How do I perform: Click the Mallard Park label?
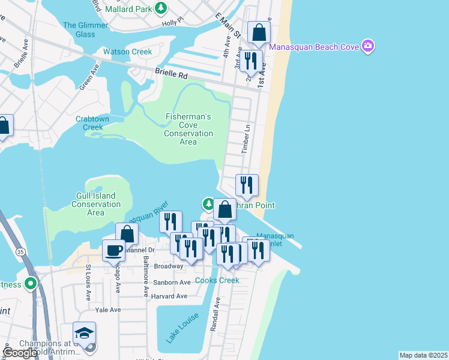(128, 9)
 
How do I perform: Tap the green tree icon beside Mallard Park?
(160, 8)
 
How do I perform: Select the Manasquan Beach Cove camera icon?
(368, 46)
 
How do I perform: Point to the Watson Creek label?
(128, 52)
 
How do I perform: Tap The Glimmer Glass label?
(86, 29)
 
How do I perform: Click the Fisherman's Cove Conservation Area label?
(188, 129)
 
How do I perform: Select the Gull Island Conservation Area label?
(96, 204)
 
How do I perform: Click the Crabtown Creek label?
(92, 123)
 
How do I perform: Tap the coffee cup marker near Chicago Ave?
(113, 251)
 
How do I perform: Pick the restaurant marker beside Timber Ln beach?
(247, 185)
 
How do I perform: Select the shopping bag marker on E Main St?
(259, 33)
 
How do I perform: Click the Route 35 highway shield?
(21, 250)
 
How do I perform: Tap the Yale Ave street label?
(109, 310)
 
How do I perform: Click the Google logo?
(20, 353)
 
